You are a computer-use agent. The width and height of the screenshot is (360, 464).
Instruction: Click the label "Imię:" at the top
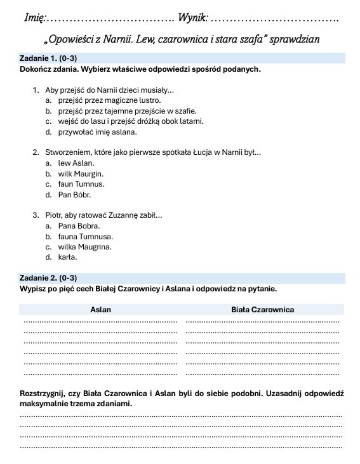(x=34, y=16)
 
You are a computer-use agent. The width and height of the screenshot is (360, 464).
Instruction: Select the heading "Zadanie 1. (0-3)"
(x=48, y=58)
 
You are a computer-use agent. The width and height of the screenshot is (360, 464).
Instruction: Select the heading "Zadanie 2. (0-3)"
(x=48, y=278)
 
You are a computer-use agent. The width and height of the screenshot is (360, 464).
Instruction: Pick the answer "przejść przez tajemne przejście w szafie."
(x=127, y=111)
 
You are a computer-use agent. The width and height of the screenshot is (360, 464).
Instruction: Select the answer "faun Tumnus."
(x=81, y=184)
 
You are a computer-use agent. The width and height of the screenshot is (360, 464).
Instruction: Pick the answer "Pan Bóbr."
(x=74, y=194)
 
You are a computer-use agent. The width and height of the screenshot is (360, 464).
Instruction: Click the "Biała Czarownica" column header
(x=262, y=310)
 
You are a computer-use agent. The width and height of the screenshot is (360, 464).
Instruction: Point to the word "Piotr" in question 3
(x=55, y=216)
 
